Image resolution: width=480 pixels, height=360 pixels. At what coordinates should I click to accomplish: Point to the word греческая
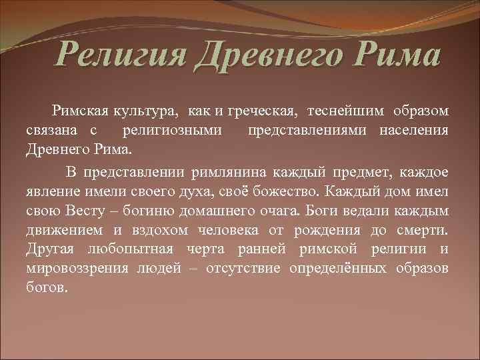click(263, 110)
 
